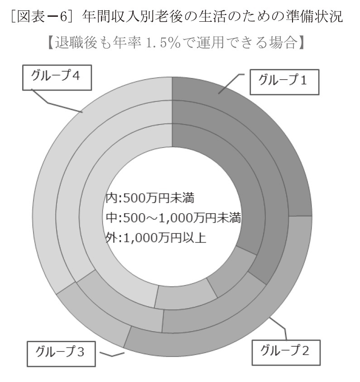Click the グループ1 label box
pyautogui.click(x=284, y=82)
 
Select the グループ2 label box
pyautogui.click(x=286, y=353)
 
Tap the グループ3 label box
pyautogui.click(x=61, y=354)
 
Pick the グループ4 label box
pyautogui.click(x=57, y=77)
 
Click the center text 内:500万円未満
pyautogui.click(x=150, y=198)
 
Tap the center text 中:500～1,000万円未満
pyautogui.click(x=173, y=218)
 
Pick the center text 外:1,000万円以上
pyautogui.click(x=156, y=237)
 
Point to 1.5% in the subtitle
pyautogui.click(x=163, y=43)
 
